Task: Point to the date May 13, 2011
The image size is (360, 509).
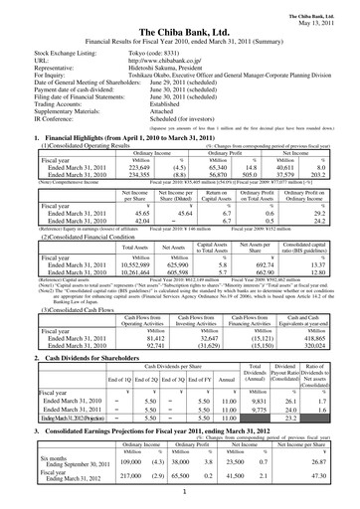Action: [330, 13]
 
